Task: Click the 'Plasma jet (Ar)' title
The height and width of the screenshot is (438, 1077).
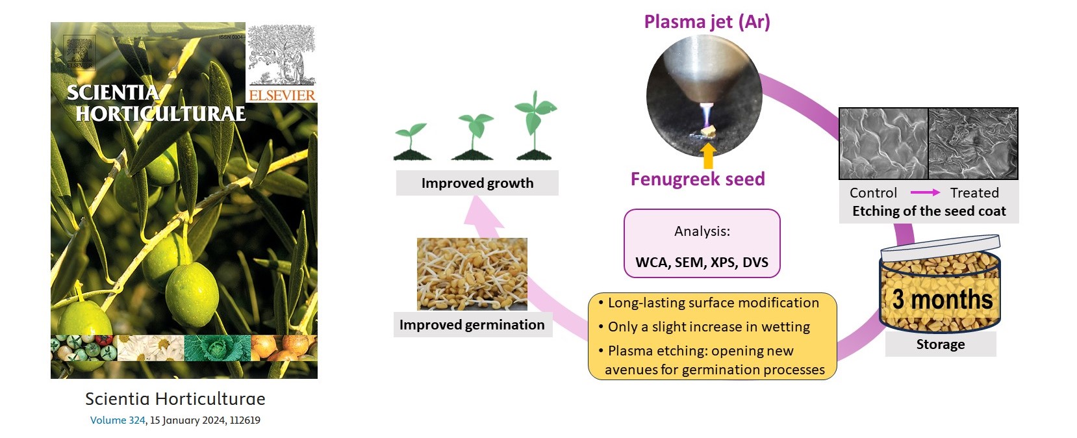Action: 707,22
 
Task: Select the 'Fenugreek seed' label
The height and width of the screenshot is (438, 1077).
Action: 698,179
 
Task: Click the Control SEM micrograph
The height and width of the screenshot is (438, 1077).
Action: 883,144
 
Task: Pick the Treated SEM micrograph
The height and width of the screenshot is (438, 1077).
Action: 973,144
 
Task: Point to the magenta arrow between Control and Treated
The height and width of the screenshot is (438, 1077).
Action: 925,192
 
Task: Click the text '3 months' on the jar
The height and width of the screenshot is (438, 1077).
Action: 942,300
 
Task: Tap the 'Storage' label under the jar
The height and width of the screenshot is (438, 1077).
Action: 940,344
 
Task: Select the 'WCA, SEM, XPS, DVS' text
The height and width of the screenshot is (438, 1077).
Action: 702,263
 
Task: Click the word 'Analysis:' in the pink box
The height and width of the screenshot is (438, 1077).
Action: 702,231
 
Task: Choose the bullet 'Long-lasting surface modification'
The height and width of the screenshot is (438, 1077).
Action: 713,303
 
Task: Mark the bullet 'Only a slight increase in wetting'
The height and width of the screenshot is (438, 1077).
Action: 708,327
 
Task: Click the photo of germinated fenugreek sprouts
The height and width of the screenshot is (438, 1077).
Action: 472,274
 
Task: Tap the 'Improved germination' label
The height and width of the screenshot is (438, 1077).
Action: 472,325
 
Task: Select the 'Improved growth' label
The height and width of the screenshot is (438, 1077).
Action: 477,183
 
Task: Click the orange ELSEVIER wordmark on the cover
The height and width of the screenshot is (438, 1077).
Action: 282,96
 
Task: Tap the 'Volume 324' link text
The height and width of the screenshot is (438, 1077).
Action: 118,420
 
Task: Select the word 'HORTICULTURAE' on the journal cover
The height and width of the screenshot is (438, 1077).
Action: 160,114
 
